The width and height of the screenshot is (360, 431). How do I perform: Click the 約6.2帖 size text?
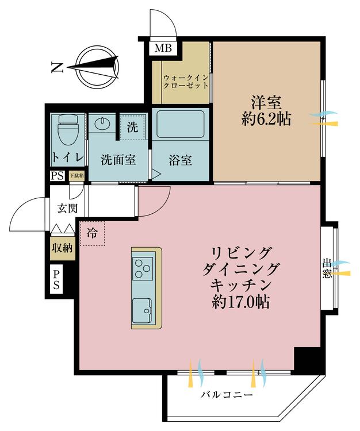265,120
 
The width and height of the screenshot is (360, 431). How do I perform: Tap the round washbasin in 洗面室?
104,125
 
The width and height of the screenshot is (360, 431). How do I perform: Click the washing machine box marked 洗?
132,126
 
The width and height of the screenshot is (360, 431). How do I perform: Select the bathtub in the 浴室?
180,125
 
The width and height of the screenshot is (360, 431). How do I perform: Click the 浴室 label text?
180,160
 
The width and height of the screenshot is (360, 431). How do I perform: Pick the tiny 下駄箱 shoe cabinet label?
76,176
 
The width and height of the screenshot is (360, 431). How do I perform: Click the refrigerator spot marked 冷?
92,233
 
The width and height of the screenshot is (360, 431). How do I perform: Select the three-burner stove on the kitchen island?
143,268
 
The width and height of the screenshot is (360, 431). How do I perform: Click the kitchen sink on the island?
143,310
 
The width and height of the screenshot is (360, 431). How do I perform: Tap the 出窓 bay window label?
327,269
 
